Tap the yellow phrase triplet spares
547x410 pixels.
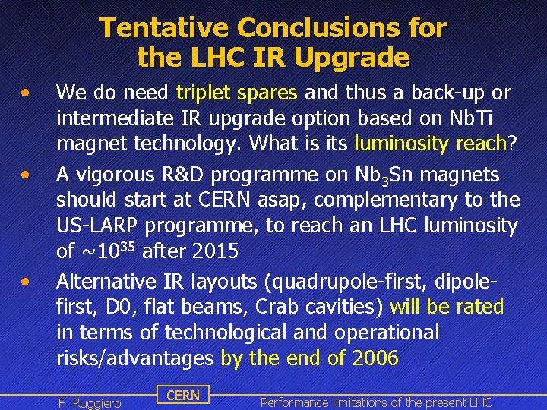[x=236, y=93]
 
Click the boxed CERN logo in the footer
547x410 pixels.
[x=182, y=395]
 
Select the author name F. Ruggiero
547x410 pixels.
[x=90, y=402]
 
